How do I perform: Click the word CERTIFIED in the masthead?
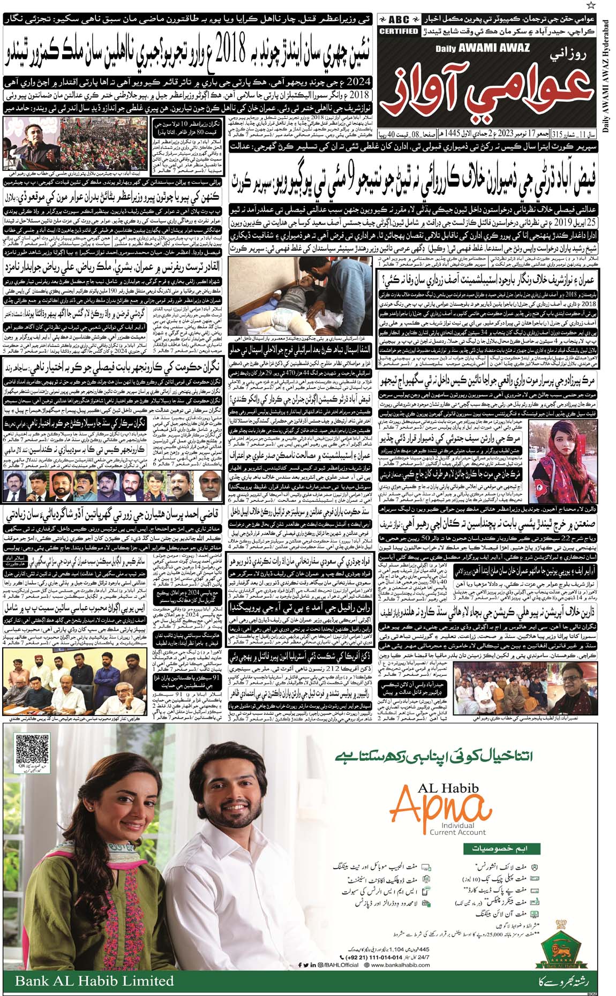click(x=399, y=32)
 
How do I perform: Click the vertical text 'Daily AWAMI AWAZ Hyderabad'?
click(x=606, y=80)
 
